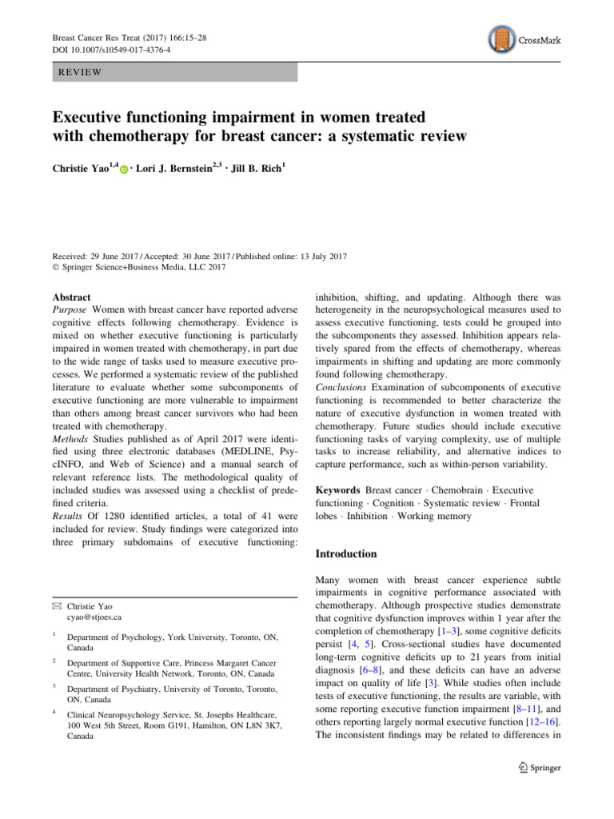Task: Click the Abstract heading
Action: point(71,297)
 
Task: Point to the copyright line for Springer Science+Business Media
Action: point(141,266)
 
